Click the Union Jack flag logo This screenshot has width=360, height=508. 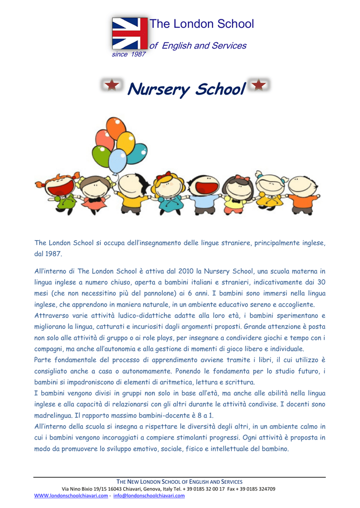(130, 34)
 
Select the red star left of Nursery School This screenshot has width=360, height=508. (112, 85)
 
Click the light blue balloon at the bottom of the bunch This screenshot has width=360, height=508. (118, 161)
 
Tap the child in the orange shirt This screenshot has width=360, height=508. (302, 193)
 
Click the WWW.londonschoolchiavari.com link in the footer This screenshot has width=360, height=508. (71, 496)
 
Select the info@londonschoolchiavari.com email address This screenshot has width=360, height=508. (149, 496)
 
